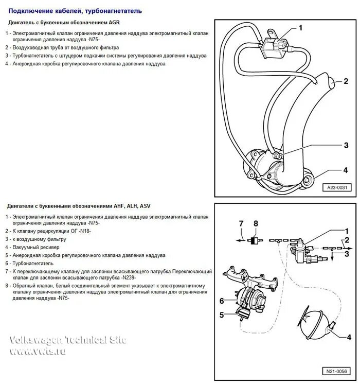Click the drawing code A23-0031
click(336, 188)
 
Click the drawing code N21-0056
click(336, 372)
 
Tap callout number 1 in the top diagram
click(301, 28)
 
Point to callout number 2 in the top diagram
click(346, 81)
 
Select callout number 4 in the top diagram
click(346, 170)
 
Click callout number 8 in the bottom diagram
click(255, 223)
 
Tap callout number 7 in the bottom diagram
click(240, 223)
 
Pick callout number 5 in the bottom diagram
click(222, 315)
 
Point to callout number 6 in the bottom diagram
click(222, 301)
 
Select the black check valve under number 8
click(254, 240)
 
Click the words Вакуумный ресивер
click(37, 247)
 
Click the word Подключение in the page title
click(31, 10)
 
